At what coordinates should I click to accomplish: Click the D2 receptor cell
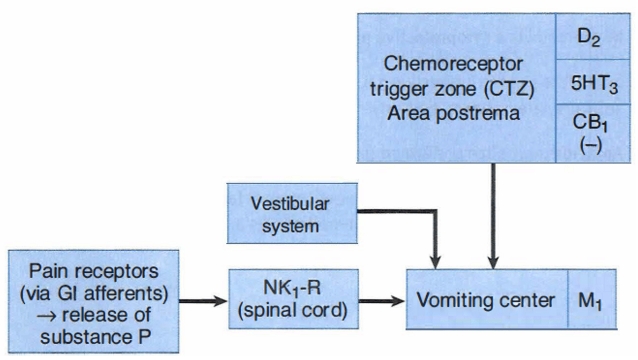tap(593, 37)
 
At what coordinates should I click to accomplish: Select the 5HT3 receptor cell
tap(593, 83)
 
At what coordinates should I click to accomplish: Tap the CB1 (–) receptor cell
tap(593, 133)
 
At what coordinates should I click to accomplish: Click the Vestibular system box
tap(292, 214)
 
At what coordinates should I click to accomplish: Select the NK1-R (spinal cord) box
tap(294, 299)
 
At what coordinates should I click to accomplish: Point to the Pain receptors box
tap(94, 300)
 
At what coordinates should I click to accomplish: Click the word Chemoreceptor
tap(453, 64)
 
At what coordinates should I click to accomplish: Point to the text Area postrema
tap(453, 113)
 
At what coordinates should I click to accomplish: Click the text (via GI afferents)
tap(94, 293)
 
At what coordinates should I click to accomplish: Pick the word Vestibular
tap(290, 204)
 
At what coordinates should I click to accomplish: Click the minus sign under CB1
tap(593, 145)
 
